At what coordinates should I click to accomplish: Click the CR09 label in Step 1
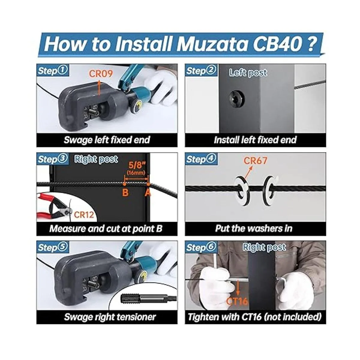point(101,73)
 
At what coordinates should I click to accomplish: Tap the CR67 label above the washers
point(255,160)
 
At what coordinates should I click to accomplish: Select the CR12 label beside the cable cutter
point(84,215)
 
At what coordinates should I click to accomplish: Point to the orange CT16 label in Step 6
point(237,301)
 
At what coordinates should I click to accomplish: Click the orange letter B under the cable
point(125,192)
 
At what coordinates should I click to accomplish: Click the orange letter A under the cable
point(148,192)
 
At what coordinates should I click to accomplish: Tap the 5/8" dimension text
point(137,165)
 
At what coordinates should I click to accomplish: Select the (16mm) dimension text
point(136,173)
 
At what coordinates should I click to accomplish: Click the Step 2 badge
point(201,70)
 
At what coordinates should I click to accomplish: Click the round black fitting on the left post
point(235,97)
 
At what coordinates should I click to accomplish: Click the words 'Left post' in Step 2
point(248,73)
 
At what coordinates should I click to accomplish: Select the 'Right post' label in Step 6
point(264,247)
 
